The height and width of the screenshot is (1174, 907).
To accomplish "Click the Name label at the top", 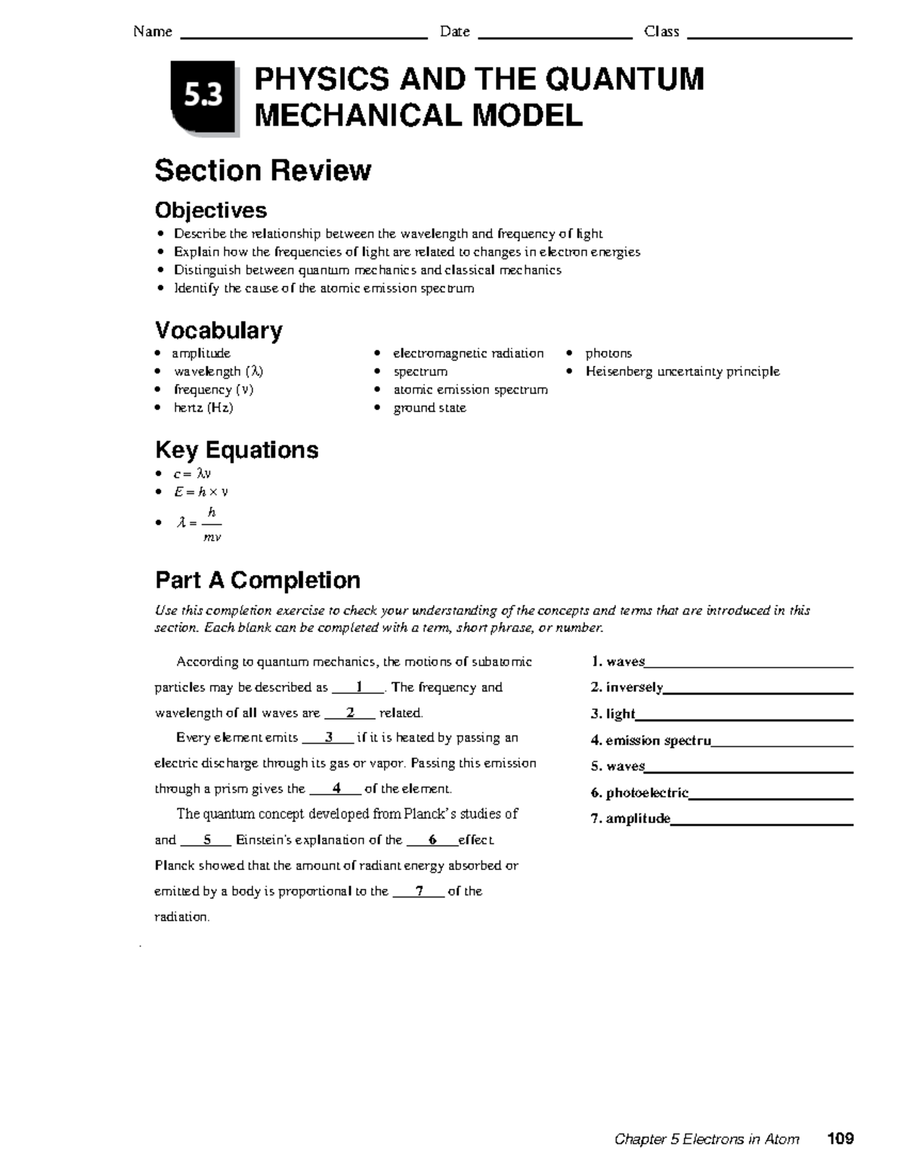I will click(x=152, y=32).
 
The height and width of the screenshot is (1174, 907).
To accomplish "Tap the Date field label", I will click(x=454, y=32).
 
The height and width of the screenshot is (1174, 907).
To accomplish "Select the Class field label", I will click(x=661, y=32).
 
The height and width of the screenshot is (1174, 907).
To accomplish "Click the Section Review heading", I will click(x=262, y=171).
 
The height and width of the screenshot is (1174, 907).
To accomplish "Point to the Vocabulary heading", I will click(x=218, y=330).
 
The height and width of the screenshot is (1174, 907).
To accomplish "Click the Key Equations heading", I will click(x=237, y=450).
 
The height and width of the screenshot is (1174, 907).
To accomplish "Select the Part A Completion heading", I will click(x=257, y=580).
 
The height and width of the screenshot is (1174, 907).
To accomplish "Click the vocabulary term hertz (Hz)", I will click(x=203, y=407).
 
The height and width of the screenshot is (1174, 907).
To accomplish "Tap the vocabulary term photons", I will click(x=608, y=353).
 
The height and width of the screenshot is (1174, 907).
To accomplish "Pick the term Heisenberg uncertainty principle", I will click(x=682, y=371).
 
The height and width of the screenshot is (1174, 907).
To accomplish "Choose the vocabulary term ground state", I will click(x=429, y=407).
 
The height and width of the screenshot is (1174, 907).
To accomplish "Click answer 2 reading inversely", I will click(x=627, y=687).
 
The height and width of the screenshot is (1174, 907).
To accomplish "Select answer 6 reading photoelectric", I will click(x=639, y=792).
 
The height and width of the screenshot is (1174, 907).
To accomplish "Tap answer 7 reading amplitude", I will click(x=631, y=818).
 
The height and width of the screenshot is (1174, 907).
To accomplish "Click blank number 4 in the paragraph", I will click(x=336, y=788).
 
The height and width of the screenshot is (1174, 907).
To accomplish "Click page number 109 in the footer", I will click(x=840, y=1138).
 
